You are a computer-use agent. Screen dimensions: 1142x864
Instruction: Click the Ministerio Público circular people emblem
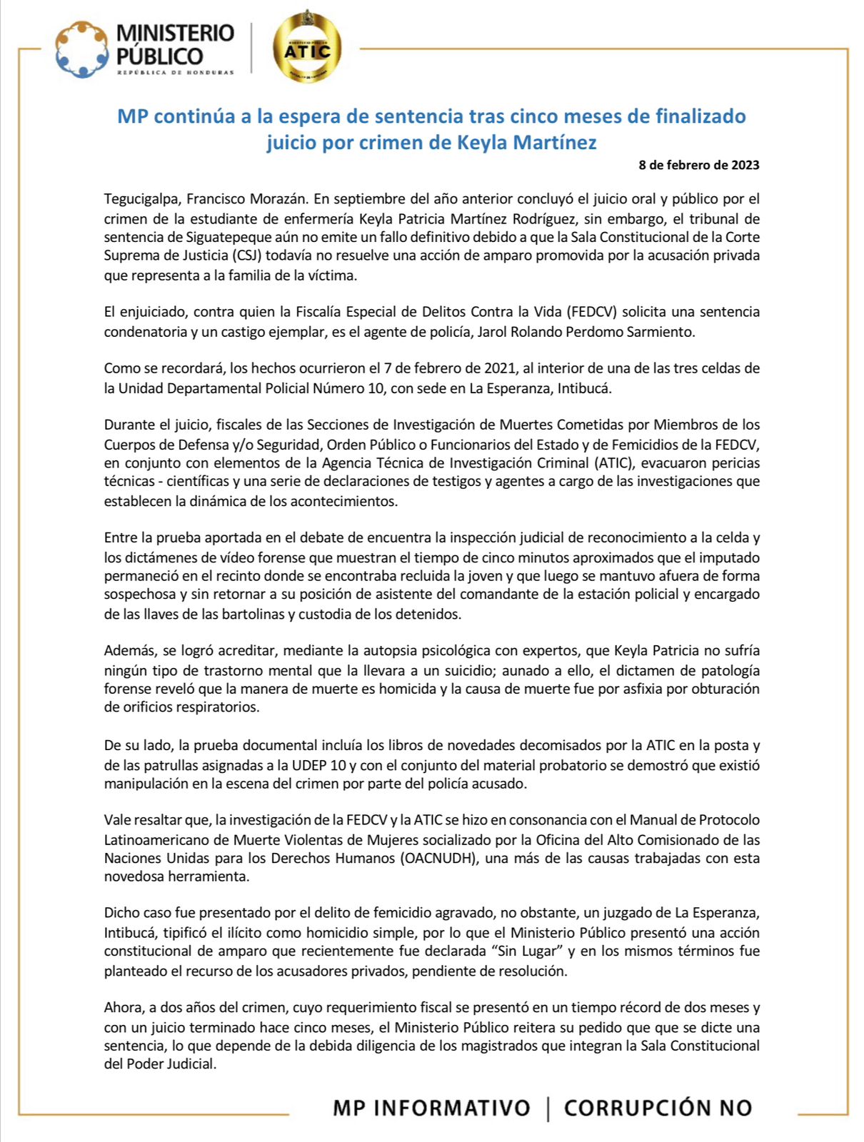(x=82, y=49)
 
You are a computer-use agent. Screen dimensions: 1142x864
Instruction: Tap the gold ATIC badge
(x=307, y=49)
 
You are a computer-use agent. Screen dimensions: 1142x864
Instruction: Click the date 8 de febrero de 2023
(x=698, y=165)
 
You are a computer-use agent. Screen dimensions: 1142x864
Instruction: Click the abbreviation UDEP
(x=309, y=764)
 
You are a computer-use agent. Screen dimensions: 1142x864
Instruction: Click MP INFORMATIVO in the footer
(x=431, y=1108)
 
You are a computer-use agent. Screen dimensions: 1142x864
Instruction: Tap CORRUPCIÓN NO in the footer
(x=658, y=1108)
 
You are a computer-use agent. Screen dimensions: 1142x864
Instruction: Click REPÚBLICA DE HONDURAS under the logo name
(x=175, y=72)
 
